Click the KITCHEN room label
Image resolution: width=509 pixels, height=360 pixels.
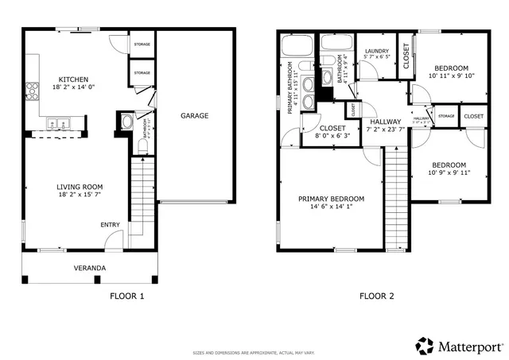pos(72,79)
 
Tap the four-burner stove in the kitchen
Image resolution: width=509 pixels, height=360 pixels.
pos(33,90)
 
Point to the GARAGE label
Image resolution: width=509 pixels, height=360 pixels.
pos(194,115)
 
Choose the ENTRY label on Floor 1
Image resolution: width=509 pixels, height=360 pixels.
pos(111,225)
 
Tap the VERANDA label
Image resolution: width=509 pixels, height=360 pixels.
pos(89,268)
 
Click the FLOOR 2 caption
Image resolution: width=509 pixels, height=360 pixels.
pos(376,296)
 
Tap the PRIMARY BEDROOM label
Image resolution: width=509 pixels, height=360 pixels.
pos(331,199)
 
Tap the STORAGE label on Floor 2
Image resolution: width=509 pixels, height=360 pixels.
pos(446,116)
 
